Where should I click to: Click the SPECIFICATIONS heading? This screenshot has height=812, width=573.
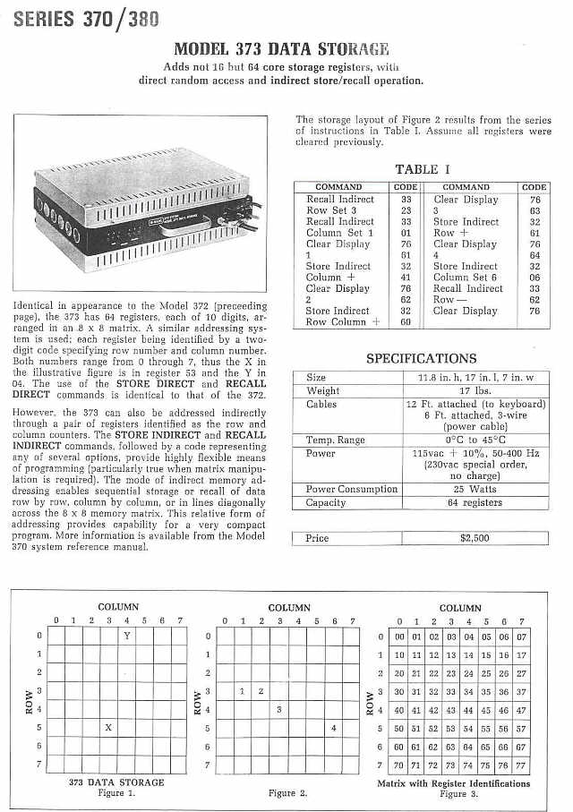click(420, 358)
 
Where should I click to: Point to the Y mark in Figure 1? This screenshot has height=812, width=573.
click(127, 636)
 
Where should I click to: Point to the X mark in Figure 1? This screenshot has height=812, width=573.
click(108, 728)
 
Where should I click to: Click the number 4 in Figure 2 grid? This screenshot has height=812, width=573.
click(333, 728)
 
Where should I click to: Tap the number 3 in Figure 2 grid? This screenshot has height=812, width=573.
click(279, 709)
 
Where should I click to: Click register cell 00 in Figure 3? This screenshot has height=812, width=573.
click(400, 636)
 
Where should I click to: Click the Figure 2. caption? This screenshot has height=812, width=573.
click(287, 793)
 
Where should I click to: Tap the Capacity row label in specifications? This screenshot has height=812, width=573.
click(326, 502)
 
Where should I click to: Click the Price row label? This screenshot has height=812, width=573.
click(318, 538)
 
